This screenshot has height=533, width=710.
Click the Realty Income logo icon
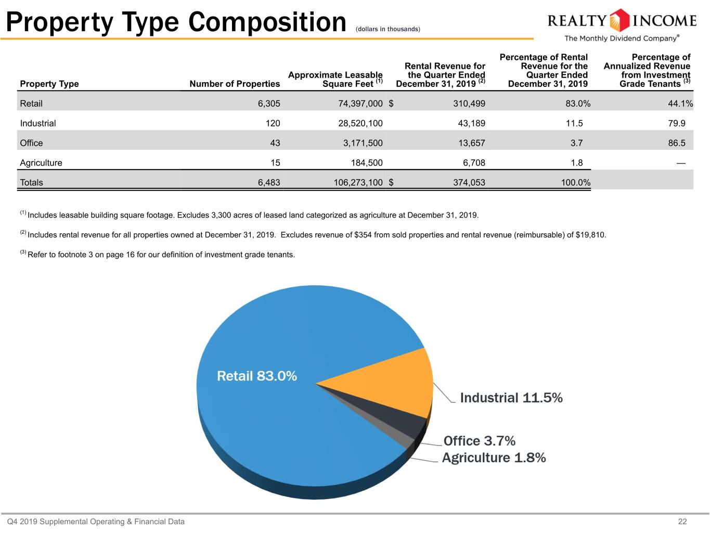point(619,20)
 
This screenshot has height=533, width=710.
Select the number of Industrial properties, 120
point(273,123)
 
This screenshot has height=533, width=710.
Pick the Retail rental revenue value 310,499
point(469,104)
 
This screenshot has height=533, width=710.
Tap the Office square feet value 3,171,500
point(363,143)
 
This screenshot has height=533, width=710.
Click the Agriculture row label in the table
point(41,163)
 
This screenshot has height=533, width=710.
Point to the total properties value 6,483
point(269,183)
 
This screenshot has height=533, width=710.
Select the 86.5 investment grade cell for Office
point(677,143)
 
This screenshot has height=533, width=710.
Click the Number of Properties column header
point(235,84)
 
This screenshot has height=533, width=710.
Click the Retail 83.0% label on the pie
point(257,376)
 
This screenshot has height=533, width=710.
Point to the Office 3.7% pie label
point(480,441)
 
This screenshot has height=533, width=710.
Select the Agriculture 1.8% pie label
point(494,458)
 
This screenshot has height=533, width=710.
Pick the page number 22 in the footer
point(682,522)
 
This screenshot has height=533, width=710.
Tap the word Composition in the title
point(267,22)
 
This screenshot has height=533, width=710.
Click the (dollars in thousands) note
point(388,29)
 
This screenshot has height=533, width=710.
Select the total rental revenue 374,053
point(469,183)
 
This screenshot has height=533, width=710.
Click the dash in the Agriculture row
point(681,163)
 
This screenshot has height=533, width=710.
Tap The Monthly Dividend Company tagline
point(622,38)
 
